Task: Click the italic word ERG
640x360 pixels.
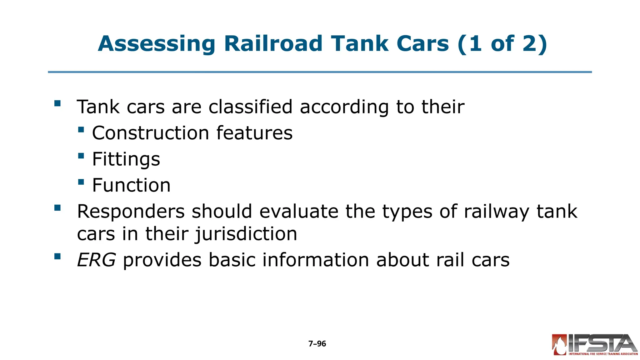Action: click(96, 260)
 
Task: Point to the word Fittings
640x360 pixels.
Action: click(126, 159)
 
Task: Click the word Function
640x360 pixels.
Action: click(131, 185)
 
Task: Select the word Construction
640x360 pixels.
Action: click(150, 133)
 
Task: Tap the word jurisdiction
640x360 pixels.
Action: click(246, 234)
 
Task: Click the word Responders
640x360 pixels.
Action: click(131, 212)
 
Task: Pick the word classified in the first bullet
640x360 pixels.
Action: click(250, 107)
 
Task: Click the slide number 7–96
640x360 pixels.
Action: click(317, 344)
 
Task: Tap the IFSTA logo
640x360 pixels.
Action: click(594, 345)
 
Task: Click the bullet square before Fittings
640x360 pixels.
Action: click(81, 156)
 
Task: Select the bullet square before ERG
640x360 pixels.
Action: click(57, 256)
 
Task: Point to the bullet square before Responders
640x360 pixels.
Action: click(57, 208)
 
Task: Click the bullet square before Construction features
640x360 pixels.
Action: click(81, 129)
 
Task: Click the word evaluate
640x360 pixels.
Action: click(299, 212)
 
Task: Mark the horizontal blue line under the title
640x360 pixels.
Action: click(320, 72)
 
